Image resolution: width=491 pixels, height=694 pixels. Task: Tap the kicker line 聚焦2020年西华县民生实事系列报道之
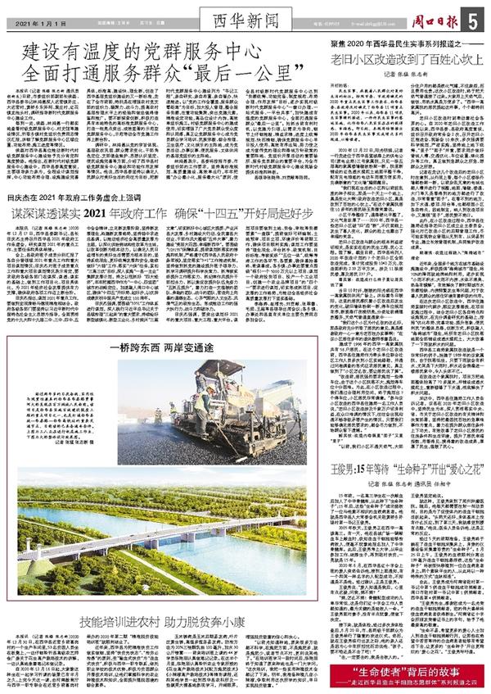(394, 40)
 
